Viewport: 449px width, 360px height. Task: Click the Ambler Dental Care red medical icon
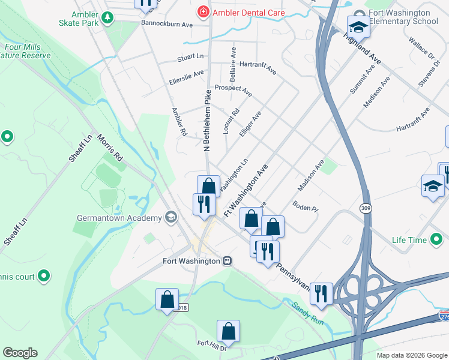pyautogui.click(x=203, y=12)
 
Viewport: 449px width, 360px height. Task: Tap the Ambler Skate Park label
pyautogui.click(x=85, y=19)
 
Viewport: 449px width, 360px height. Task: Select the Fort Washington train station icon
pyautogui.click(x=228, y=261)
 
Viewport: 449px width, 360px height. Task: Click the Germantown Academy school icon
pyautogui.click(x=171, y=217)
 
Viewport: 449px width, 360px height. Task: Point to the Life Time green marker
pyautogui.click(x=436, y=240)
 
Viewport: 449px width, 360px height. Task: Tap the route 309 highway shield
pyautogui.click(x=365, y=208)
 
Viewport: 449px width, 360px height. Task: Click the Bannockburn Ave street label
pyautogui.click(x=166, y=25)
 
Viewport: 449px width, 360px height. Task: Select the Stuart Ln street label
pyautogui.click(x=190, y=57)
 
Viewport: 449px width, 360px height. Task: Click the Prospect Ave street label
pyautogui.click(x=233, y=88)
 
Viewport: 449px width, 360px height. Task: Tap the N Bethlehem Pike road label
pyautogui.click(x=207, y=120)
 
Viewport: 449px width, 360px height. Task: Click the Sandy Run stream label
pyautogui.click(x=309, y=313)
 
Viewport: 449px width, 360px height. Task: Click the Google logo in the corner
pyautogui.click(x=20, y=353)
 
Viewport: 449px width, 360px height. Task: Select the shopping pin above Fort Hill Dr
pyautogui.click(x=228, y=331)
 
